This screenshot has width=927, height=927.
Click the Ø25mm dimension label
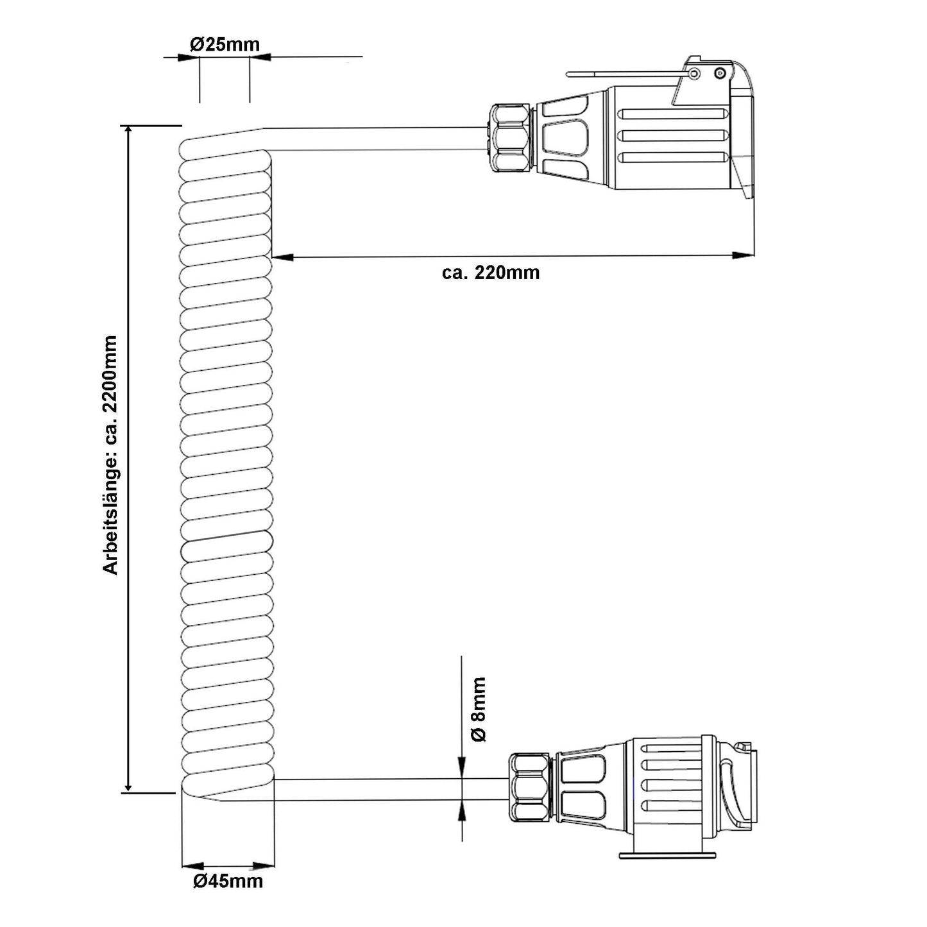coord(225,44)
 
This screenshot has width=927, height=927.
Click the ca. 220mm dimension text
coord(491,273)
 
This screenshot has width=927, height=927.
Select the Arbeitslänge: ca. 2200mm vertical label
coord(110,455)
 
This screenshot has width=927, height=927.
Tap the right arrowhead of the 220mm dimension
coord(744,255)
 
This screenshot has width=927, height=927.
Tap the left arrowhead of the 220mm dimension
coord(283,257)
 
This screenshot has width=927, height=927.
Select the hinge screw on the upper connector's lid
coord(693,74)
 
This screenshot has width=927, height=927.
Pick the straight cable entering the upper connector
coord(378,139)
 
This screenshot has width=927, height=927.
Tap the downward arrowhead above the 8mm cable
coord(462,768)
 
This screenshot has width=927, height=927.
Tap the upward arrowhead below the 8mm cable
coord(462,811)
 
